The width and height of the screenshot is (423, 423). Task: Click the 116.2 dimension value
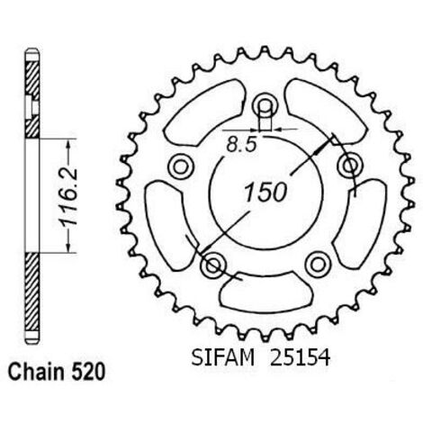click(x=67, y=197)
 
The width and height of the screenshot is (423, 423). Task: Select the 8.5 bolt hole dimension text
click(x=242, y=145)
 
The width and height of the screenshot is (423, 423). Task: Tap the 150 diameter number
click(x=265, y=192)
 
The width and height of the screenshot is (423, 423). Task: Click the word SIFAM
click(x=223, y=357)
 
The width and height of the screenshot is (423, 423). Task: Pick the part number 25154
click(x=300, y=357)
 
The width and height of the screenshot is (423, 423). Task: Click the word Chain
click(x=37, y=373)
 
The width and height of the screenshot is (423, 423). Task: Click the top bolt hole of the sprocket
click(x=265, y=105)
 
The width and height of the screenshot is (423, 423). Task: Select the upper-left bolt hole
click(x=180, y=166)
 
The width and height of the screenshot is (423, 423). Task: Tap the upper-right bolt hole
click(x=349, y=166)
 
